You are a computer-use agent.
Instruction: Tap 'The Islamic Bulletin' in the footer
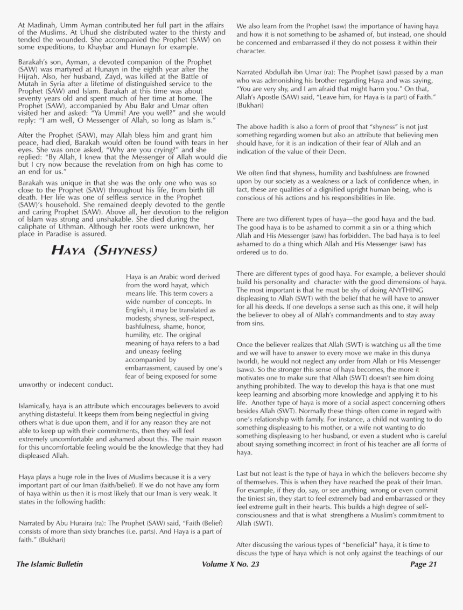tap(50, 564)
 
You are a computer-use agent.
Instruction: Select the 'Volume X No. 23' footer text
tap(230, 564)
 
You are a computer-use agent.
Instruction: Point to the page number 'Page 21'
tap(423, 564)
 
